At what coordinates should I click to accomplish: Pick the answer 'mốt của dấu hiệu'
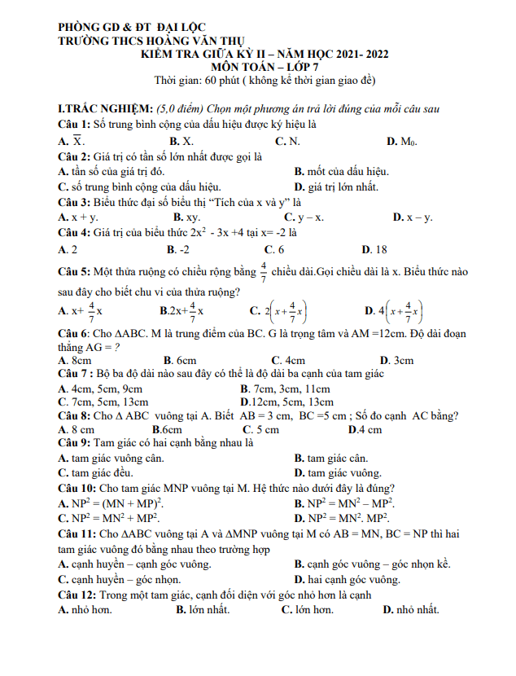347,171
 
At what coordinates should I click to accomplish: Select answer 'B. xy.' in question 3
186,217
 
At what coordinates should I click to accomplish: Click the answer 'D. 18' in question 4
374,249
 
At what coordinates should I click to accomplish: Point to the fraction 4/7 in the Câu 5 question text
263,270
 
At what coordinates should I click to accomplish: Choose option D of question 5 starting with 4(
394,310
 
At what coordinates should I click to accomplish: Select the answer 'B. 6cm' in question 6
180,360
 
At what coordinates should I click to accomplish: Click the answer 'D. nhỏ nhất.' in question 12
410,608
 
